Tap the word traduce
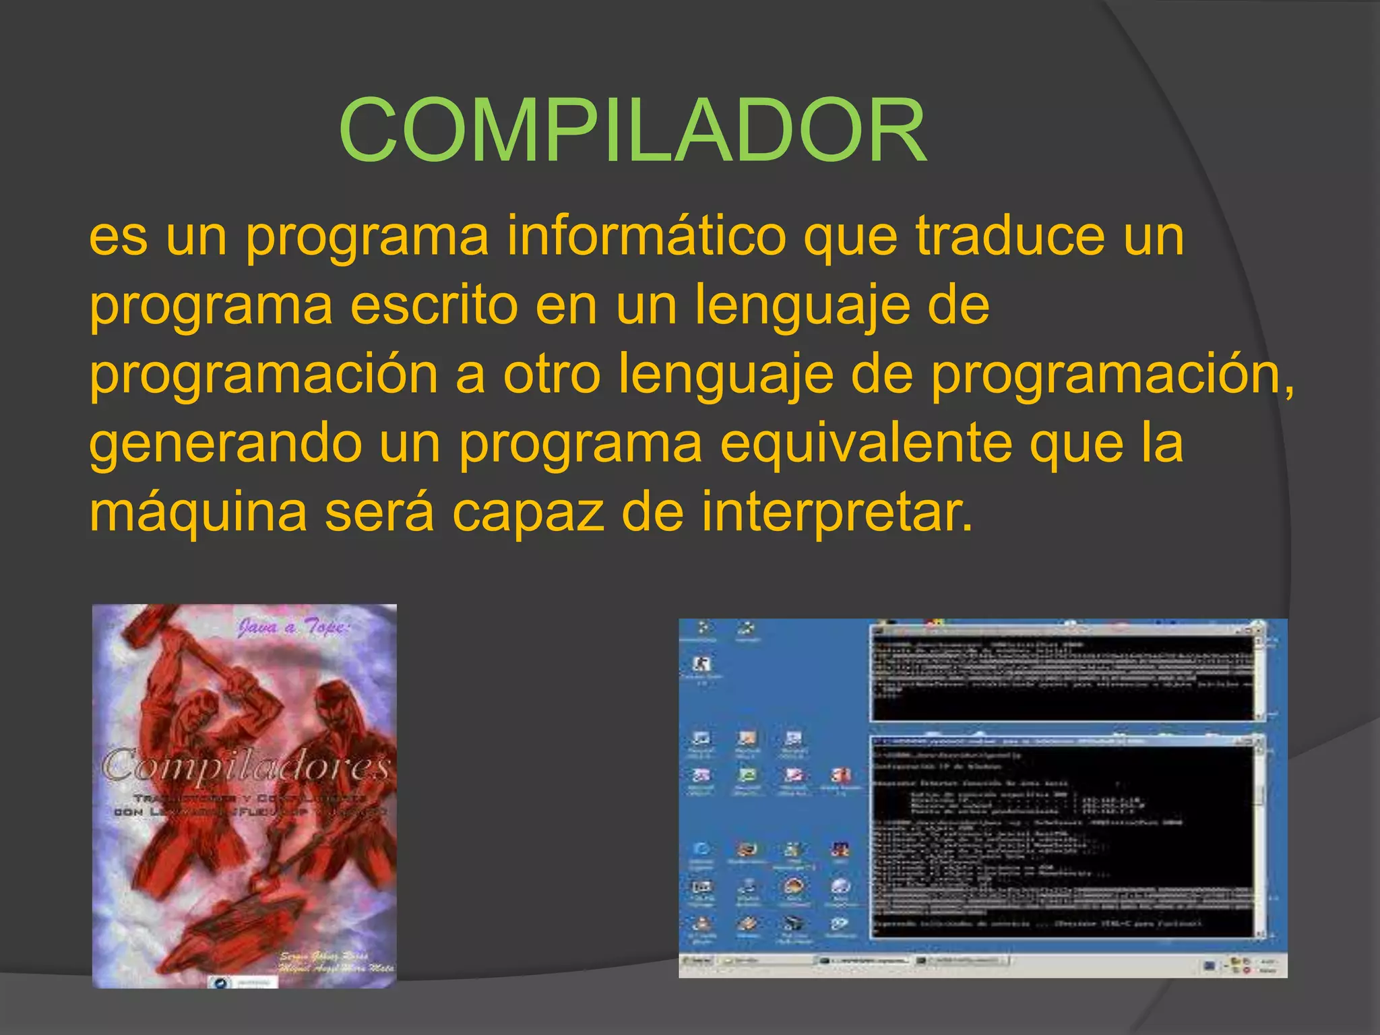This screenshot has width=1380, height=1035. coord(1010,236)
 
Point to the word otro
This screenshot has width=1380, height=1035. coord(551,374)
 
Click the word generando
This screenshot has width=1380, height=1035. coord(225,445)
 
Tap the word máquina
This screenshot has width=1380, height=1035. coord(198,512)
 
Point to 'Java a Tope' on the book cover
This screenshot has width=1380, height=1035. coord(292,628)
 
